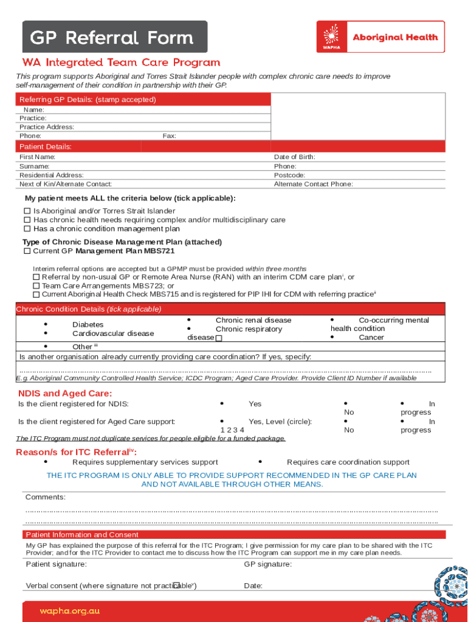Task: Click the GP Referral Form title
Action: click(112, 38)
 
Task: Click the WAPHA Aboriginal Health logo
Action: click(380, 37)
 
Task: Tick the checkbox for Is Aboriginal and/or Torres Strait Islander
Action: click(27, 211)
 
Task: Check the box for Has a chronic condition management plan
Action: click(27, 229)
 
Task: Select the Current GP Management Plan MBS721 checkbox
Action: click(27, 251)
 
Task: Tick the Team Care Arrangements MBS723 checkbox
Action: click(36, 285)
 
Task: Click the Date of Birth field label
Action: click(294, 157)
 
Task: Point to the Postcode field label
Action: click(289, 175)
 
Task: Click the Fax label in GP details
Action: click(169, 136)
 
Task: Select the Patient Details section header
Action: click(46, 147)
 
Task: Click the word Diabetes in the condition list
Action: click(88, 325)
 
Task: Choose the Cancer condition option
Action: click(371, 338)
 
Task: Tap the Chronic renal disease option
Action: click(253, 320)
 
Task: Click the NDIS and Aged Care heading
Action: click(65, 394)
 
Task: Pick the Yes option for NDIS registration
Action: click(255, 404)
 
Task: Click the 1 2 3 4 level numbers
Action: click(232, 430)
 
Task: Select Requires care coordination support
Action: click(348, 462)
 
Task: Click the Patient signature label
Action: click(56, 564)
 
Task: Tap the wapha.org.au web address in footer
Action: click(69, 610)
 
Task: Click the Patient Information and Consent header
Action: click(82, 535)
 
